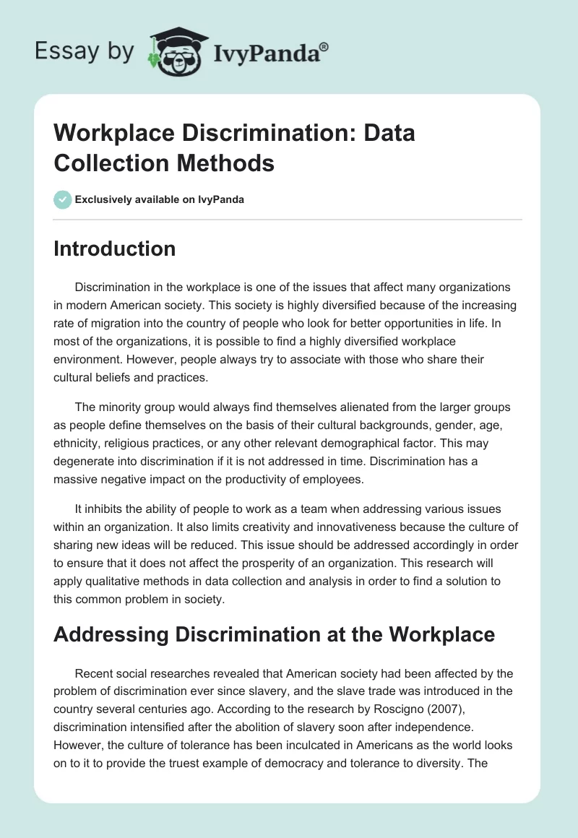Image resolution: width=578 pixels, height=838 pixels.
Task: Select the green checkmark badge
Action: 63,199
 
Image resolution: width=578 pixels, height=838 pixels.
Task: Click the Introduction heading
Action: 115,249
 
